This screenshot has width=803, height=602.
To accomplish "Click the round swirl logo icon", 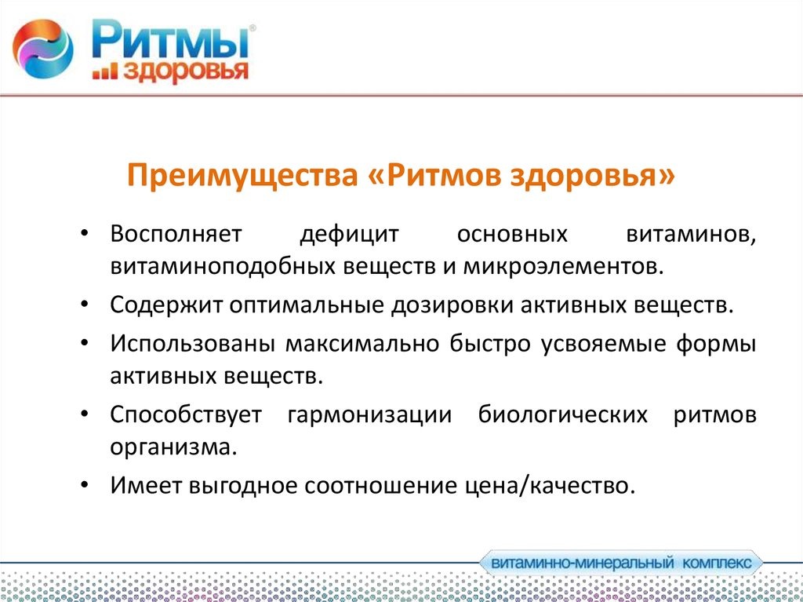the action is coord(43,49).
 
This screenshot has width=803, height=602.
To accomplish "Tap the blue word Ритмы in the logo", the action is coord(171,39).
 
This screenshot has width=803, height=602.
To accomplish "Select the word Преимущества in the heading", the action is coord(242,176).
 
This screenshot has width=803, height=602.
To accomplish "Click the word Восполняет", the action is coord(176,235).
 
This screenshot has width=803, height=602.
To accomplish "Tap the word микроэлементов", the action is coord(563,268).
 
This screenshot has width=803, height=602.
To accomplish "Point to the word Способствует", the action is coord(186,414).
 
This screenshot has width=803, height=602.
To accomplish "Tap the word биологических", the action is coord(563,414).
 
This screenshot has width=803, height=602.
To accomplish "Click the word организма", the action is coord(173,447).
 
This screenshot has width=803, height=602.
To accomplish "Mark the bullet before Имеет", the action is coord(85,484).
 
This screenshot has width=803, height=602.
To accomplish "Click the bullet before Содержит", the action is coord(85,305).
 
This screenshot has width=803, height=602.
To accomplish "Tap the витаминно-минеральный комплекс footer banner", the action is coord(621,564).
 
